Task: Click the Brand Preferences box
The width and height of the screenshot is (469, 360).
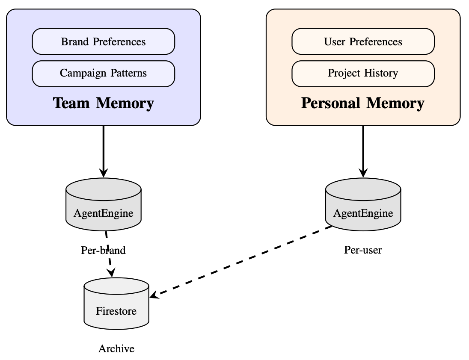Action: pos(103,41)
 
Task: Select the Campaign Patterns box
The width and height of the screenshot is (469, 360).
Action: pos(103,73)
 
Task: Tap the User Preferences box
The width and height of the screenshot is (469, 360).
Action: pos(363,41)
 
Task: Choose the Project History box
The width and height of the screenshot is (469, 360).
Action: pos(363,73)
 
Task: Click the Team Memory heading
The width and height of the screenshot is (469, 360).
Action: pos(103,103)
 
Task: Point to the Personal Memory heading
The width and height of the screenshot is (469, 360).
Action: pos(363,103)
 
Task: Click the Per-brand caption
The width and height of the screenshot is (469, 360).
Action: pos(103,250)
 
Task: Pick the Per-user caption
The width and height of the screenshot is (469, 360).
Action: pos(363,250)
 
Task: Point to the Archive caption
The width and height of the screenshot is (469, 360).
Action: pos(116,349)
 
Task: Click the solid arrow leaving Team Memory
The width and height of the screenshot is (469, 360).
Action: pos(103,150)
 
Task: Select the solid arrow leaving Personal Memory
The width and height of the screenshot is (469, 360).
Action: pos(363,150)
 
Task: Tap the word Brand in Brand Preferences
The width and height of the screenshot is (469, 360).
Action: pos(75,41)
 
